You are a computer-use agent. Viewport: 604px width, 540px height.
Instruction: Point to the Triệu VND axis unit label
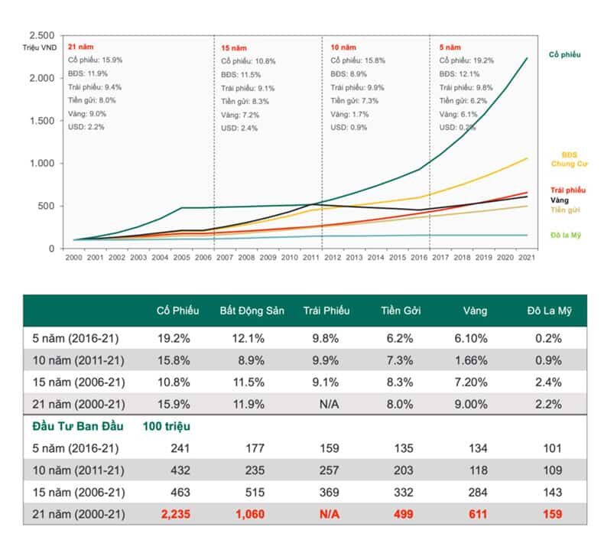point(37,48)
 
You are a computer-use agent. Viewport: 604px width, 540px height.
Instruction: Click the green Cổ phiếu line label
point(565,55)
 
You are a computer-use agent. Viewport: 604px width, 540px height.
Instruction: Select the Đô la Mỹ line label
point(566,235)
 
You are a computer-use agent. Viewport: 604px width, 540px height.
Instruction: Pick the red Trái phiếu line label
point(567,190)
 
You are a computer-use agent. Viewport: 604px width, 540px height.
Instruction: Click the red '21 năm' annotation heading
point(80,47)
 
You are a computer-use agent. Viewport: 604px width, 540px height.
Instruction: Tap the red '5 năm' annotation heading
point(450,47)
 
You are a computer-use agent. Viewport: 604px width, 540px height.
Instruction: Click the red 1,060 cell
point(249,514)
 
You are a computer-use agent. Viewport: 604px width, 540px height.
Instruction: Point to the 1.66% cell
point(476,359)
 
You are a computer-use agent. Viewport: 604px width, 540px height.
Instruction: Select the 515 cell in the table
point(255,492)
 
